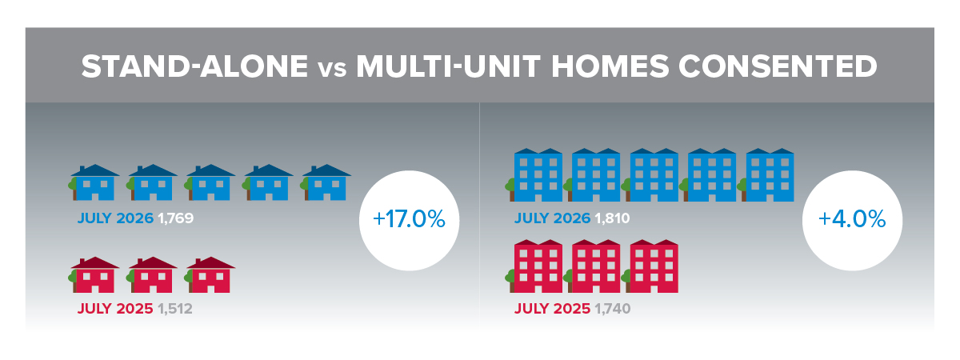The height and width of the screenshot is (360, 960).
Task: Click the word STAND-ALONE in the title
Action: coord(194,66)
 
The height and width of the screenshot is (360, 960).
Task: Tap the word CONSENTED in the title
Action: coord(778,66)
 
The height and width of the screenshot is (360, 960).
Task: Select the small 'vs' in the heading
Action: coord(332,70)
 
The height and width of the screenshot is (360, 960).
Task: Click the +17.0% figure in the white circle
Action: coord(409,219)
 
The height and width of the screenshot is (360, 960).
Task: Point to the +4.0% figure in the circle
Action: coord(852,219)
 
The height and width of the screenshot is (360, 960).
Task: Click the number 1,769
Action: coord(176,218)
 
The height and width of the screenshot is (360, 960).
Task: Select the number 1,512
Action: coord(175,309)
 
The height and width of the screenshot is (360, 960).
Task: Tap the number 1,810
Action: coord(613,218)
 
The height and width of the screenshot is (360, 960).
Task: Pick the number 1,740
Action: coord(613,309)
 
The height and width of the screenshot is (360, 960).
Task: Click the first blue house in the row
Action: coord(94,182)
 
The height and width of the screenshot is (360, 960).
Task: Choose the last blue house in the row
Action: coord(326,182)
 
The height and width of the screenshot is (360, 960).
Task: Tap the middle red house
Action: coord(152,274)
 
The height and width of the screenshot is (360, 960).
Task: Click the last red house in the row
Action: coord(210,274)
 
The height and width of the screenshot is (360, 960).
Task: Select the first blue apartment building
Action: coord(534,175)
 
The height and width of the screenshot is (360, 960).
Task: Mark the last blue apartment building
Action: coord(766,175)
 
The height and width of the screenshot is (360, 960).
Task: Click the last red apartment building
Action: coord(650,266)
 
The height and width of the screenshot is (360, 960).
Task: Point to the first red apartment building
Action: coord(534,266)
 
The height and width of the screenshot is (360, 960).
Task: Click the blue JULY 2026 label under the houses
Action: coord(115,218)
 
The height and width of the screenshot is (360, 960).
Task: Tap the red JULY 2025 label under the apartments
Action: coord(553,309)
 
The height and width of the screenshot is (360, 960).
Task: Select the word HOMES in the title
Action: coord(610,66)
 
